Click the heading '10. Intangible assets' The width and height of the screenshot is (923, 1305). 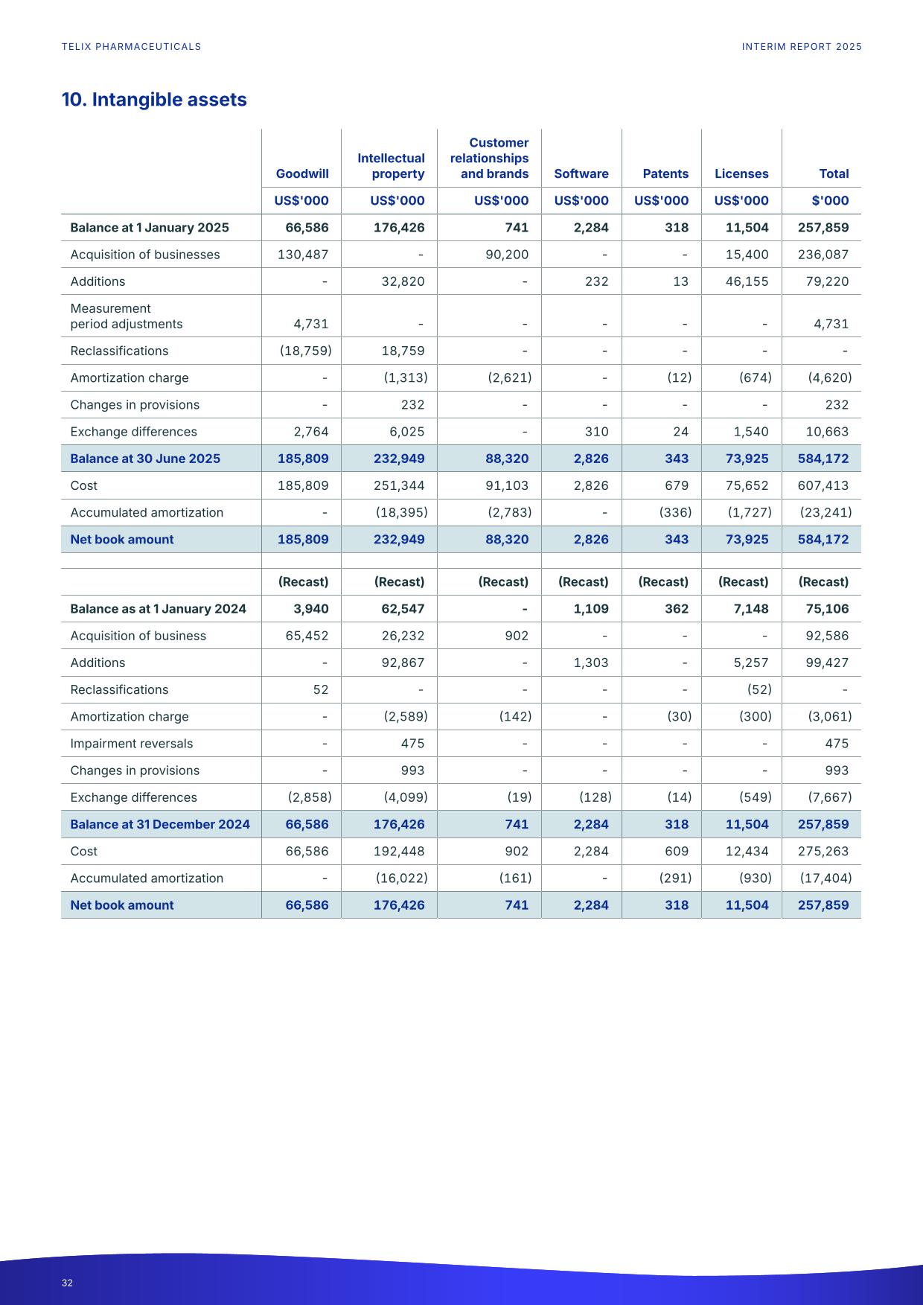pyautogui.click(x=154, y=100)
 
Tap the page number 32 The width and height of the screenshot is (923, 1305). pyautogui.click(x=67, y=1283)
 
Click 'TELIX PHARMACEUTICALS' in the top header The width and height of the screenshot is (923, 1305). pyautogui.click(x=131, y=47)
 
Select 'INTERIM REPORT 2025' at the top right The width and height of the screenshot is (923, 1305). pyautogui.click(x=802, y=47)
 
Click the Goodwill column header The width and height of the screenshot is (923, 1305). pyautogui.click(x=302, y=173)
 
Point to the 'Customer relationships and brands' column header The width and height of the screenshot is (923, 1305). pyautogui.click(x=490, y=158)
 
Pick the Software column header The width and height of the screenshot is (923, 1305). pyautogui.click(x=581, y=173)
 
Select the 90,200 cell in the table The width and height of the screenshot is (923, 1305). pyautogui.click(x=507, y=255)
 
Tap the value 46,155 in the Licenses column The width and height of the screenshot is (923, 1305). pyautogui.click(x=747, y=281)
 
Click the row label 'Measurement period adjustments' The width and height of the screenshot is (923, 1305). pyautogui.click(x=126, y=316)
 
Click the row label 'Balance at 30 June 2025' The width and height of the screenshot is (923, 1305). pyautogui.click(x=145, y=459)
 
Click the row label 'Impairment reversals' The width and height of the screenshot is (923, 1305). pyautogui.click(x=131, y=744)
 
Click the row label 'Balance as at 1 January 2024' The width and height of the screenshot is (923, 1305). pyautogui.click(x=158, y=609)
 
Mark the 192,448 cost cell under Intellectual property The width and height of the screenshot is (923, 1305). pyautogui.click(x=403, y=851)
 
